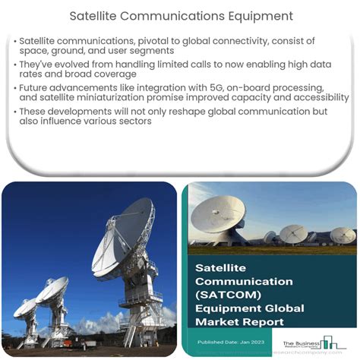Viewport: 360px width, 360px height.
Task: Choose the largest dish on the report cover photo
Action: (x=218, y=215)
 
